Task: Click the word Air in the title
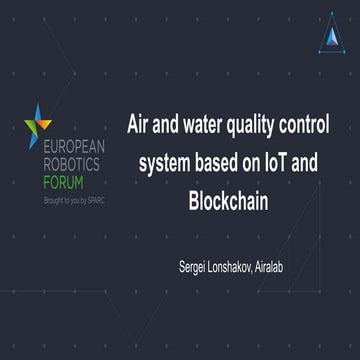click(137, 127)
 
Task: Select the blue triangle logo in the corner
click(331, 37)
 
